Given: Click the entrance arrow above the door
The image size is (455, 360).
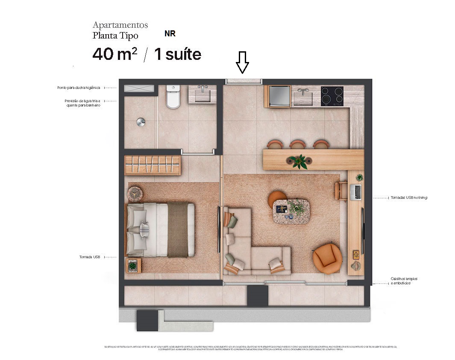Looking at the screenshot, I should tap(243, 62).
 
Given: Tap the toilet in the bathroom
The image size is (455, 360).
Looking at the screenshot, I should tap(173, 97).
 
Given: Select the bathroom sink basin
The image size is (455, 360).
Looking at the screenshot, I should tap(201, 94).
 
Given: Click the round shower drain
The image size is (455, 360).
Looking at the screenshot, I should tap(141, 122).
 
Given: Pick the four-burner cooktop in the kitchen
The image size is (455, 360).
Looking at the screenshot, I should tap(332, 96).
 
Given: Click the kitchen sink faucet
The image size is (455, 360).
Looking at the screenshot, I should tap(303, 92).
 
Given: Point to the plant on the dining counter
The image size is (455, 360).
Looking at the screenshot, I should tap(298, 161).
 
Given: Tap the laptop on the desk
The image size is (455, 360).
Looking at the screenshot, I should tap(355, 192).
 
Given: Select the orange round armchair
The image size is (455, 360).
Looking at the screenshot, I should tap(327, 258).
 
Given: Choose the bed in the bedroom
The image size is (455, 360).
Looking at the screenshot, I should tap(160, 230).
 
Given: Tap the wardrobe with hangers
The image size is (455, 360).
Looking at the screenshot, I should tap(153, 165).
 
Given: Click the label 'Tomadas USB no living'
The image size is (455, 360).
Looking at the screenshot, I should tap(408, 198).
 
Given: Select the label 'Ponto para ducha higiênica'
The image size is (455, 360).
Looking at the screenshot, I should tap(79, 88).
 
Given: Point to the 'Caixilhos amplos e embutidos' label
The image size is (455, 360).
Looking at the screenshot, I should tap(404, 281).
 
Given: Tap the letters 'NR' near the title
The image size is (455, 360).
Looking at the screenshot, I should tap(170, 34).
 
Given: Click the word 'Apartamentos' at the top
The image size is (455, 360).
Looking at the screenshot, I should tap(120, 25).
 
